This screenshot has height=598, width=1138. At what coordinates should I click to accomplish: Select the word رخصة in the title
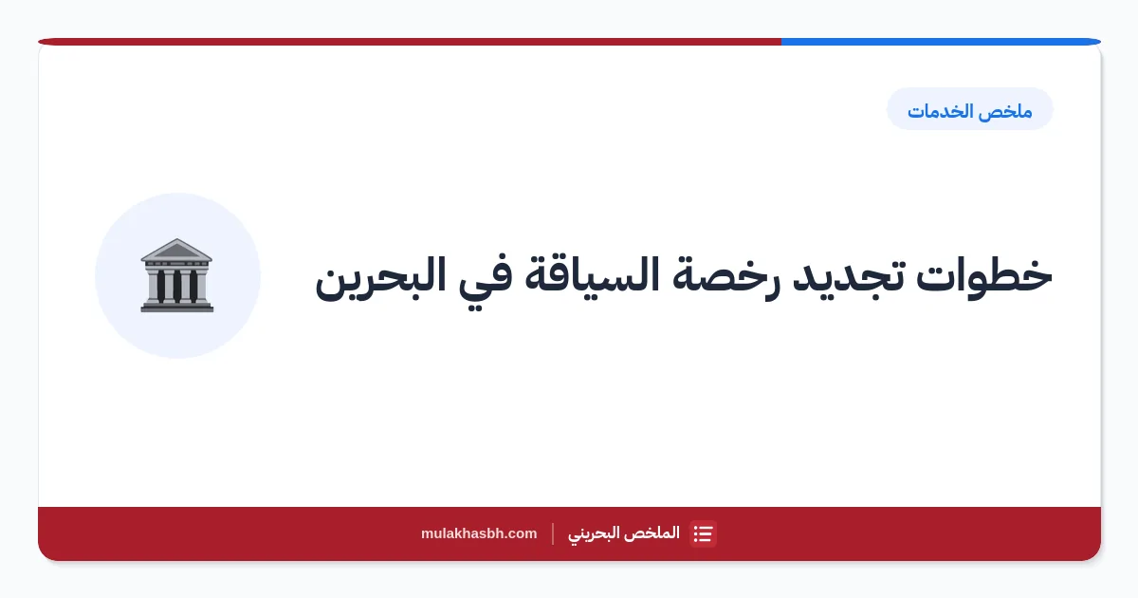pyautogui.click(x=723, y=277)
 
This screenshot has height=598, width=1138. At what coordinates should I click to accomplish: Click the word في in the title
pyautogui.click(x=486, y=279)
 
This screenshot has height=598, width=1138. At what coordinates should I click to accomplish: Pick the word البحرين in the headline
pyautogui.click(x=380, y=277)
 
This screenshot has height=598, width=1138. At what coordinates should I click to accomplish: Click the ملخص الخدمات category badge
pyautogui.click(x=969, y=109)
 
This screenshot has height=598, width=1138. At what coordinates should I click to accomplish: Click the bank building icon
pyautogui.click(x=176, y=275)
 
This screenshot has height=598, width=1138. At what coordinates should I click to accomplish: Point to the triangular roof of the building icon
pyautogui.click(x=176, y=250)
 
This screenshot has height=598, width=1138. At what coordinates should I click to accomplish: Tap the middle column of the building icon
pyautogui.click(x=176, y=287)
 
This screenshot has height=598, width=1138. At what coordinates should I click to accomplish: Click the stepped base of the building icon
pyautogui.click(x=176, y=307)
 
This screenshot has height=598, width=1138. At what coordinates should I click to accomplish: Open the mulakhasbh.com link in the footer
pyautogui.click(x=479, y=533)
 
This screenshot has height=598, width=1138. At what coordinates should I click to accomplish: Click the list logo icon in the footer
pyautogui.click(x=703, y=533)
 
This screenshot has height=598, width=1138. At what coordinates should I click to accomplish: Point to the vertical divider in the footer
pyautogui.click(x=553, y=533)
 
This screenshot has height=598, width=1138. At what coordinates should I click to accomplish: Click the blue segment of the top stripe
pyautogui.click(x=941, y=42)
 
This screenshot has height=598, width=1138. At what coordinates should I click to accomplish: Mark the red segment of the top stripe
pyautogui.click(x=410, y=42)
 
